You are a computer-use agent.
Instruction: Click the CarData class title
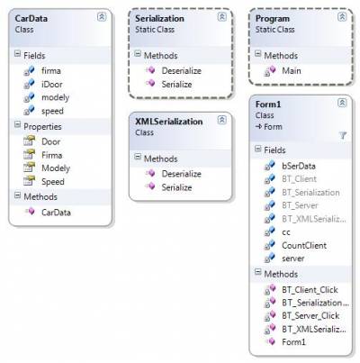coord(31,19)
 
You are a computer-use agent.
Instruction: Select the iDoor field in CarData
coord(52,85)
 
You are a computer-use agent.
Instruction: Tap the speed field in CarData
coord(52,111)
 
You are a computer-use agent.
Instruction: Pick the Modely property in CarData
coord(56,168)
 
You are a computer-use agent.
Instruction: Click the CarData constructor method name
coord(56,213)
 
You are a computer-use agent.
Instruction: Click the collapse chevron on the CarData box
coord(102,17)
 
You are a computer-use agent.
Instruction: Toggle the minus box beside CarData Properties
coord(18,124)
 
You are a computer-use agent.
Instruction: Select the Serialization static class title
coord(159,19)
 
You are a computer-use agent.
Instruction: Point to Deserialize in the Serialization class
coord(182,71)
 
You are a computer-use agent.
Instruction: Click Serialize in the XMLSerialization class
coord(176,187)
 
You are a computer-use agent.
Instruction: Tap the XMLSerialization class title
coord(169,122)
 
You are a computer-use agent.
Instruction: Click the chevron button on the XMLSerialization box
coord(222,120)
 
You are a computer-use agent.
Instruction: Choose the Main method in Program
coord(292,71)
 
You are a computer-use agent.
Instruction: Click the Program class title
coord(273,19)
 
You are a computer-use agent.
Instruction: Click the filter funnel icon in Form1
coord(343,135)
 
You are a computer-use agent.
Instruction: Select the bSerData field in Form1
coord(299,166)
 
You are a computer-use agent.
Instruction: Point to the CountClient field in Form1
coord(304,246)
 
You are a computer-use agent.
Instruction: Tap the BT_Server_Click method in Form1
coord(310,316)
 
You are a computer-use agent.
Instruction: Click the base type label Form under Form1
coord(273,127)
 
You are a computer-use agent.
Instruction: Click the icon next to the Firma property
coord(30,155)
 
